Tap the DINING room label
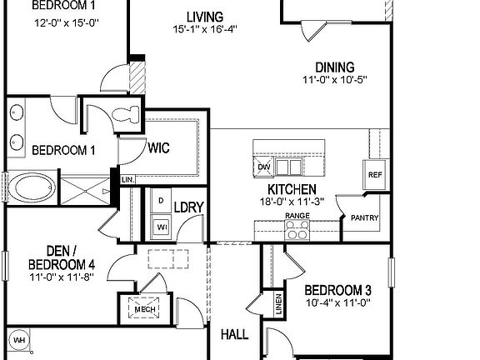pos(334,67)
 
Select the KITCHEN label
pos(291,189)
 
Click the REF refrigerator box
pos(374,175)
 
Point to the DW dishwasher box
pos(264,167)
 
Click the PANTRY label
pos(364,218)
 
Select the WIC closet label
pos(159,149)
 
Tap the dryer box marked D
pos(160,202)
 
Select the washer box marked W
pos(161,225)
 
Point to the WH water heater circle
pos(19,340)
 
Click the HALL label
pos(234,335)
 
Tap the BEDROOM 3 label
pos(338,290)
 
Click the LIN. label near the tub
pos(127,179)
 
